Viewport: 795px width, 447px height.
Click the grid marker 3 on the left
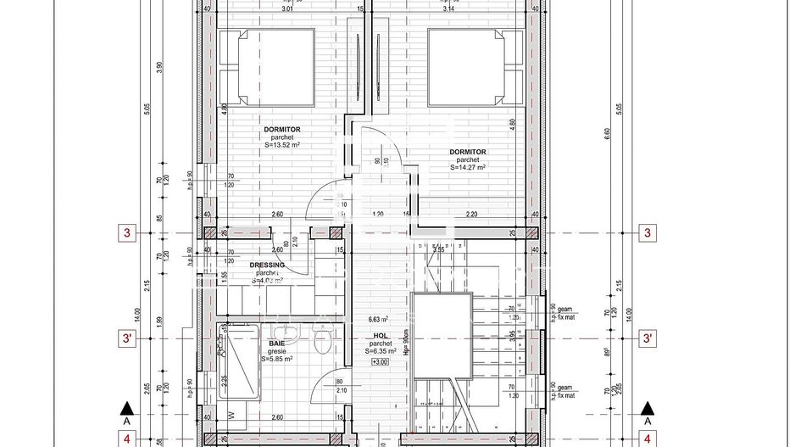tap(126, 232)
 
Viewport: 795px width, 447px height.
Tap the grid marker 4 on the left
tap(126, 439)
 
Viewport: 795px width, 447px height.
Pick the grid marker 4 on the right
tap(648, 439)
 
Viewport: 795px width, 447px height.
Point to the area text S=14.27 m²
tap(469, 168)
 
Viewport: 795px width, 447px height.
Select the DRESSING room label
tap(267, 265)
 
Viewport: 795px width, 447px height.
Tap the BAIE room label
tap(277, 343)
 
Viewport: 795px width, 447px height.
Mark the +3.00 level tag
tap(381, 362)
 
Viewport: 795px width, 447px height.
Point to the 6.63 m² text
tap(378, 320)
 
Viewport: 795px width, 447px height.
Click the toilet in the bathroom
tap(321, 344)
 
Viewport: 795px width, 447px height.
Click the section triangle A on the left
tap(126, 410)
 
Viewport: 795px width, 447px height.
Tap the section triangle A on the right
tap(648, 410)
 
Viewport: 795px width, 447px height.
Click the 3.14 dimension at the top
tap(448, 10)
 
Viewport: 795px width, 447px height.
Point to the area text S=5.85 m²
tap(277, 359)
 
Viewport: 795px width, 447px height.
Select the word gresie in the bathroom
tap(277, 351)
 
